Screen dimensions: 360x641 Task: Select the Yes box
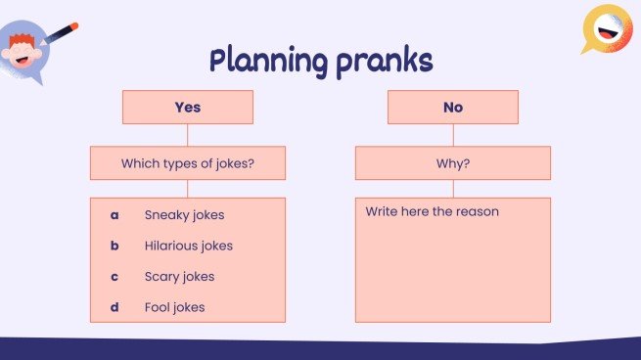point(187,108)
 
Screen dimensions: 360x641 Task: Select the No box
point(452,108)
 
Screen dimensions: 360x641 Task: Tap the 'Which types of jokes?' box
point(187,163)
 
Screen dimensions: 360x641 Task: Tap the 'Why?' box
point(452,163)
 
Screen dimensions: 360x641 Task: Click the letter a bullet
point(114,214)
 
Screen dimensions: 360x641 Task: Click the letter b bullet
point(114,246)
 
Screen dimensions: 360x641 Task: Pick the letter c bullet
point(114,277)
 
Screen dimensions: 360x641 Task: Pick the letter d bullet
point(114,307)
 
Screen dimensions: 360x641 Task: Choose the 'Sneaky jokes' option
point(183,214)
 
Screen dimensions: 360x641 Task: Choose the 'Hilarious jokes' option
point(189,246)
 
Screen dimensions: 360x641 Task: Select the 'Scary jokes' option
point(179,277)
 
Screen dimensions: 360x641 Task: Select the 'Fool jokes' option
point(175,307)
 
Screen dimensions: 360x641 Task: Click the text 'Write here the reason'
point(432,211)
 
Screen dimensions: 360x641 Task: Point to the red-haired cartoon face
point(22,48)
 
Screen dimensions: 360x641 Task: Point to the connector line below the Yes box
point(187,135)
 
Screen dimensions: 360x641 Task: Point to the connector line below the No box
point(452,135)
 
